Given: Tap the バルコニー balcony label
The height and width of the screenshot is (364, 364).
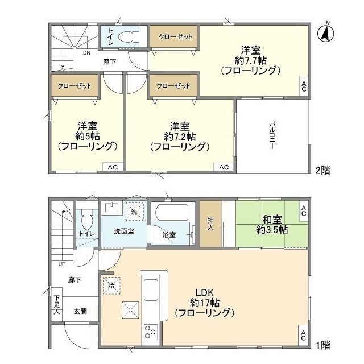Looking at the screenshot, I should point(272,135).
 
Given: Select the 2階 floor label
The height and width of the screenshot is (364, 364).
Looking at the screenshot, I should point(324,169).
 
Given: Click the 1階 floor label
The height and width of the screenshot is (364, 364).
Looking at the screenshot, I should point(324,344).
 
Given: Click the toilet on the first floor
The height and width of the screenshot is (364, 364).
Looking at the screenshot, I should point(87,219).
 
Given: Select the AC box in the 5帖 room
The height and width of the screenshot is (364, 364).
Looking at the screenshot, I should point(112,167).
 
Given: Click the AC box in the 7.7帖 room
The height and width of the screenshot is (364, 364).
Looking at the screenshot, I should point(304,86).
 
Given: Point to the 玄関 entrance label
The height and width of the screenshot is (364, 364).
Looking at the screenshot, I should point(80,311).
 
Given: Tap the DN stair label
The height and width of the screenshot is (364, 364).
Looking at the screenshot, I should point(86,53).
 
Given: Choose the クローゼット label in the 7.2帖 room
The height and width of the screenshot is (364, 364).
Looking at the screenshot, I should point(174,85).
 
